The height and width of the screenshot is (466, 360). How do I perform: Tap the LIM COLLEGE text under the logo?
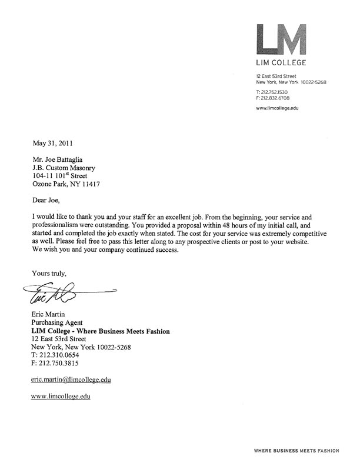click(x=281, y=62)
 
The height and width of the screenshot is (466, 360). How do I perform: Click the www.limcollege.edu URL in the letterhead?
click(x=278, y=108)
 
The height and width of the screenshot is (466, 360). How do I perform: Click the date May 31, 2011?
click(x=52, y=142)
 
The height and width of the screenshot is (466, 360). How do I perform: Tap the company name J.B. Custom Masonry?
click(x=63, y=167)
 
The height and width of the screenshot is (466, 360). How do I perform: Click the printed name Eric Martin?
click(x=51, y=315)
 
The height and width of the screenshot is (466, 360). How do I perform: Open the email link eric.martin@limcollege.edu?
click(x=71, y=380)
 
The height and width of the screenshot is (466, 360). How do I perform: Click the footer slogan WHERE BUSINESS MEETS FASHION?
click(x=296, y=451)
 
